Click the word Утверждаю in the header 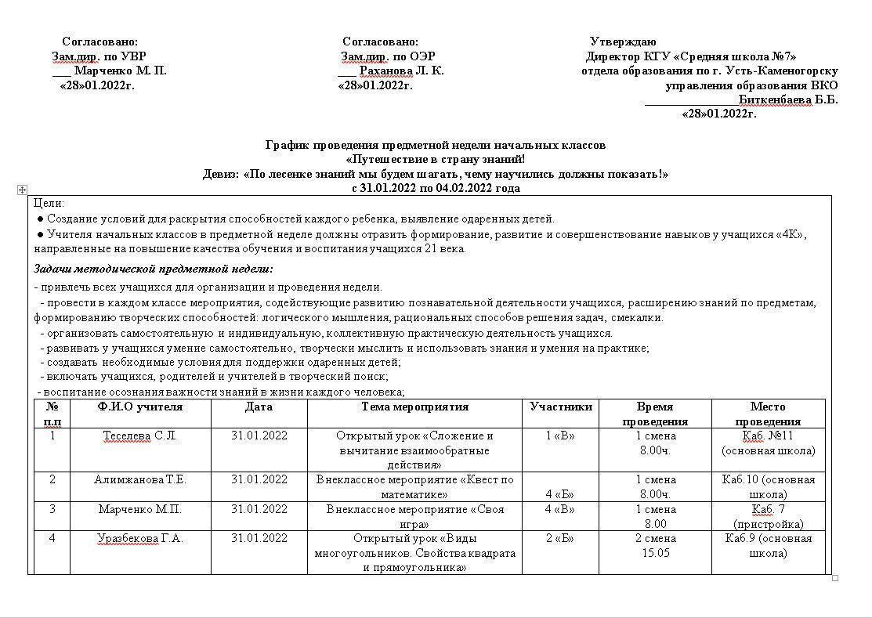tap(623, 42)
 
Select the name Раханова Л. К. tap(401, 70)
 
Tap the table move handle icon tap(22, 190)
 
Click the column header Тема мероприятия tap(414, 407)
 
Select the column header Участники tap(561, 407)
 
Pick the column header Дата tap(259, 407)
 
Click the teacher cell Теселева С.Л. tap(140, 435)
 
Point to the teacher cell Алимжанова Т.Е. tap(140, 479)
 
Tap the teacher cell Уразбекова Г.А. tap(140, 538)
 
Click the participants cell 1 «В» tap(561, 435)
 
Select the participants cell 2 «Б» tap(561, 538)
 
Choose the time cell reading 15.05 tap(655, 553)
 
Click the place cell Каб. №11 tap(768, 435)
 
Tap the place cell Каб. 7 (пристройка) tap(768, 517)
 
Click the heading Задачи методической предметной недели tap(154, 269)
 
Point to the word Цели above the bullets tap(49, 203)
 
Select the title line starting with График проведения tap(436, 145)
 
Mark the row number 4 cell tap(52, 538)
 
